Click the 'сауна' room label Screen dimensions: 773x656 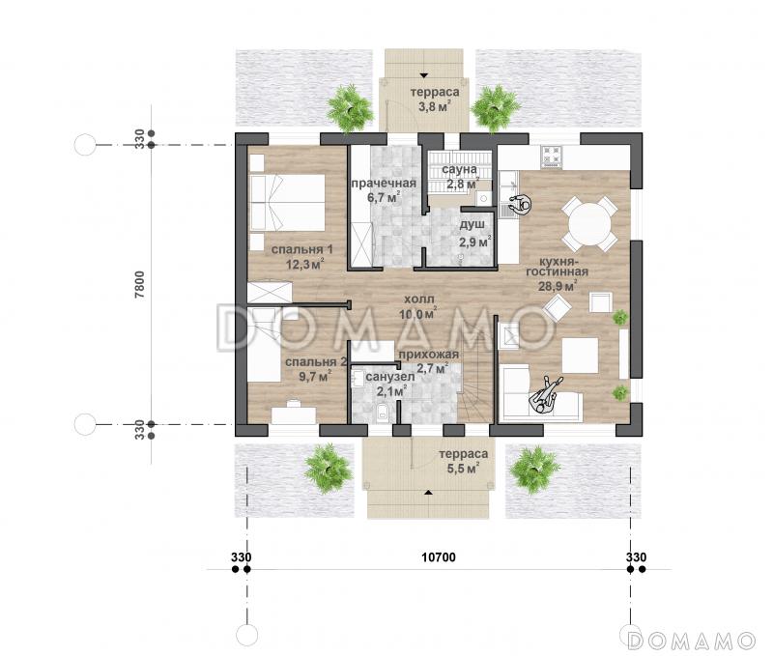[459, 169]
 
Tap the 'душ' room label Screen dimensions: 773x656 [472, 225]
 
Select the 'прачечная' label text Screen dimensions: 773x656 [384, 184]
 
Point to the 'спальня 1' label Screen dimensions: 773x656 [301, 249]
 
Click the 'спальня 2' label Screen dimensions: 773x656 [316, 361]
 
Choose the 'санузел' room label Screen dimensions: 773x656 [390, 377]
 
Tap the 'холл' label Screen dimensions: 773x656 [419, 299]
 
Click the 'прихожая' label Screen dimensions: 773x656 [428, 355]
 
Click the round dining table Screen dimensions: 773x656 [590, 224]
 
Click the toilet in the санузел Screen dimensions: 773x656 [382, 414]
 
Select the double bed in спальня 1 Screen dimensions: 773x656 [287, 203]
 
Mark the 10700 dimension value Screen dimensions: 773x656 [439, 557]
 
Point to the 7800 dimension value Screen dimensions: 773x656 [140, 284]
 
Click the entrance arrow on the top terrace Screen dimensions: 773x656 [424, 75]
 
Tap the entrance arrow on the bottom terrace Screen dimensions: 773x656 [429, 492]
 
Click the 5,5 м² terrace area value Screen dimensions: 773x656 [463, 469]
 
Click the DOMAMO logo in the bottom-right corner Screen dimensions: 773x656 [691, 641]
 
